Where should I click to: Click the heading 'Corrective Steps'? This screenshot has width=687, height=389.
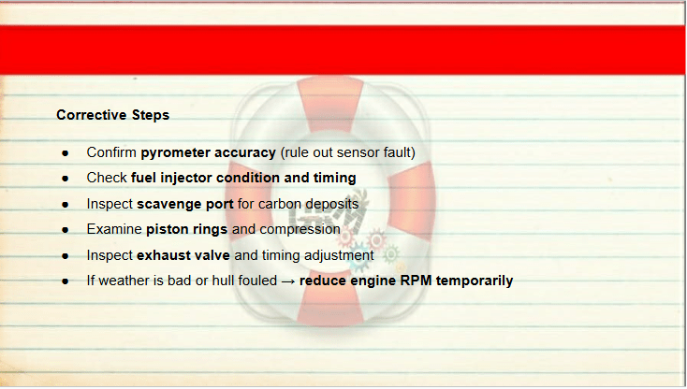coord(112,115)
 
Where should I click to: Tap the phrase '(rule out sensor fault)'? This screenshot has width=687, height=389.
coord(348,152)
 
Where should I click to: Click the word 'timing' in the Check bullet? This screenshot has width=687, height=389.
coord(335,178)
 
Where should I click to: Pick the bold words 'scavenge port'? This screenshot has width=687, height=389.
coord(185,204)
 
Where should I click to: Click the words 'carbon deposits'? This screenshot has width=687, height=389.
coord(309,204)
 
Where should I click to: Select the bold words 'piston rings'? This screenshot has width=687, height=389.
coord(186,229)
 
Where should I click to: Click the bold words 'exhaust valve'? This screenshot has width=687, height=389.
coord(183,255)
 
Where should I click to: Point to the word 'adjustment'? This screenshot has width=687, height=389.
coord(339,255)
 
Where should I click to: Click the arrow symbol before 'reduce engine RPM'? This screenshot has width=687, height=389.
coord(288,281)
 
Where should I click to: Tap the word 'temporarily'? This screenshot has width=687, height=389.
coord(475,281)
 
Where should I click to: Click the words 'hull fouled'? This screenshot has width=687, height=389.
coord(244,281)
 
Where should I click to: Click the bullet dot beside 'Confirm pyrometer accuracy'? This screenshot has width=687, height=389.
coord(66,153)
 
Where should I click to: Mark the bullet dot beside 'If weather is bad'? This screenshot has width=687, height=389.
coord(66,281)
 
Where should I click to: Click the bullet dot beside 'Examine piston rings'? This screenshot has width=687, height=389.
coord(66,230)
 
